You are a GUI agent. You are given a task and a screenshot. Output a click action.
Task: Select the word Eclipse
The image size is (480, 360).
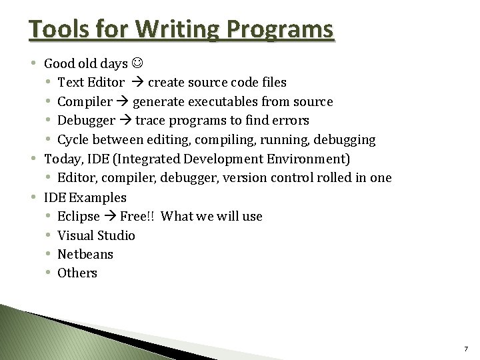tap(79, 217)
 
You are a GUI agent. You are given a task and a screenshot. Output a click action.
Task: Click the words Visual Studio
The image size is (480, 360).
tap(96, 235)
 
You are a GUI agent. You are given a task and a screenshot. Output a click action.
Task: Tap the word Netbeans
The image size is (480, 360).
tap(85, 254)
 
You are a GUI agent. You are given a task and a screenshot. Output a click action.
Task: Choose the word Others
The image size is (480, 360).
tap(77, 273)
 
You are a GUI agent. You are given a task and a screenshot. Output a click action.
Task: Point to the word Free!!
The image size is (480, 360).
tap(137, 217)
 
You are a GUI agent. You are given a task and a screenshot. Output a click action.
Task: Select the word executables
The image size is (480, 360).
tap(229, 102)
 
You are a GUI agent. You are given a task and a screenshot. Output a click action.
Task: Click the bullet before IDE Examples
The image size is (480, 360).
tap(34, 197)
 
